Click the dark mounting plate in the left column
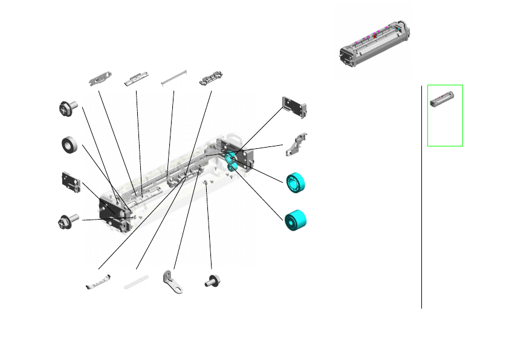(71, 183)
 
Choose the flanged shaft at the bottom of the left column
(66, 221)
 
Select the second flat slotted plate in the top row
(136, 79)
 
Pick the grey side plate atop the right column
(295, 106)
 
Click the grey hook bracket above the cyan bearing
(297, 145)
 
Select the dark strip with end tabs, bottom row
(98, 282)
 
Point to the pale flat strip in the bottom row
(136, 281)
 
